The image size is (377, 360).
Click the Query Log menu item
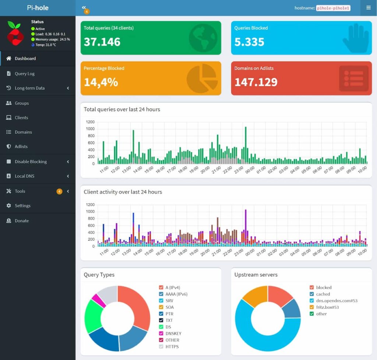[x=24, y=74]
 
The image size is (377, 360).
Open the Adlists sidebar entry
[x=21, y=147]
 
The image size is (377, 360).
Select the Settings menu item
[x=22, y=206]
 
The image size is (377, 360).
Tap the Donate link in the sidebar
[x=22, y=221]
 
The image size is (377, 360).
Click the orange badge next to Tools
[x=59, y=191]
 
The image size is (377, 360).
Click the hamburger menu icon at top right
[x=368, y=8]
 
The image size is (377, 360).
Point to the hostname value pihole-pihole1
[x=333, y=8]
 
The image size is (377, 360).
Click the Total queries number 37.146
[x=102, y=42]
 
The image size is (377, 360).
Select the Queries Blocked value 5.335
[x=249, y=42]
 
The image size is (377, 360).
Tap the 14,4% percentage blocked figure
[x=101, y=82]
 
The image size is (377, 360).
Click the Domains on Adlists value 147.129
[x=256, y=82]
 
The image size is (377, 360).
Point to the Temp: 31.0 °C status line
[x=46, y=45]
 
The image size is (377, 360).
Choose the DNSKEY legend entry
[x=173, y=333]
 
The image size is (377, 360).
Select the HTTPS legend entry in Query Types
[x=172, y=347]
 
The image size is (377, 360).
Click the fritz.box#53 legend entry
[x=327, y=307]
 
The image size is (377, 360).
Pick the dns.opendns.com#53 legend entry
[x=337, y=301]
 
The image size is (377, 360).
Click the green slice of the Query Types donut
[x=92, y=315]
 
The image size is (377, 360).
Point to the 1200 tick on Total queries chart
[x=90, y=122]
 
